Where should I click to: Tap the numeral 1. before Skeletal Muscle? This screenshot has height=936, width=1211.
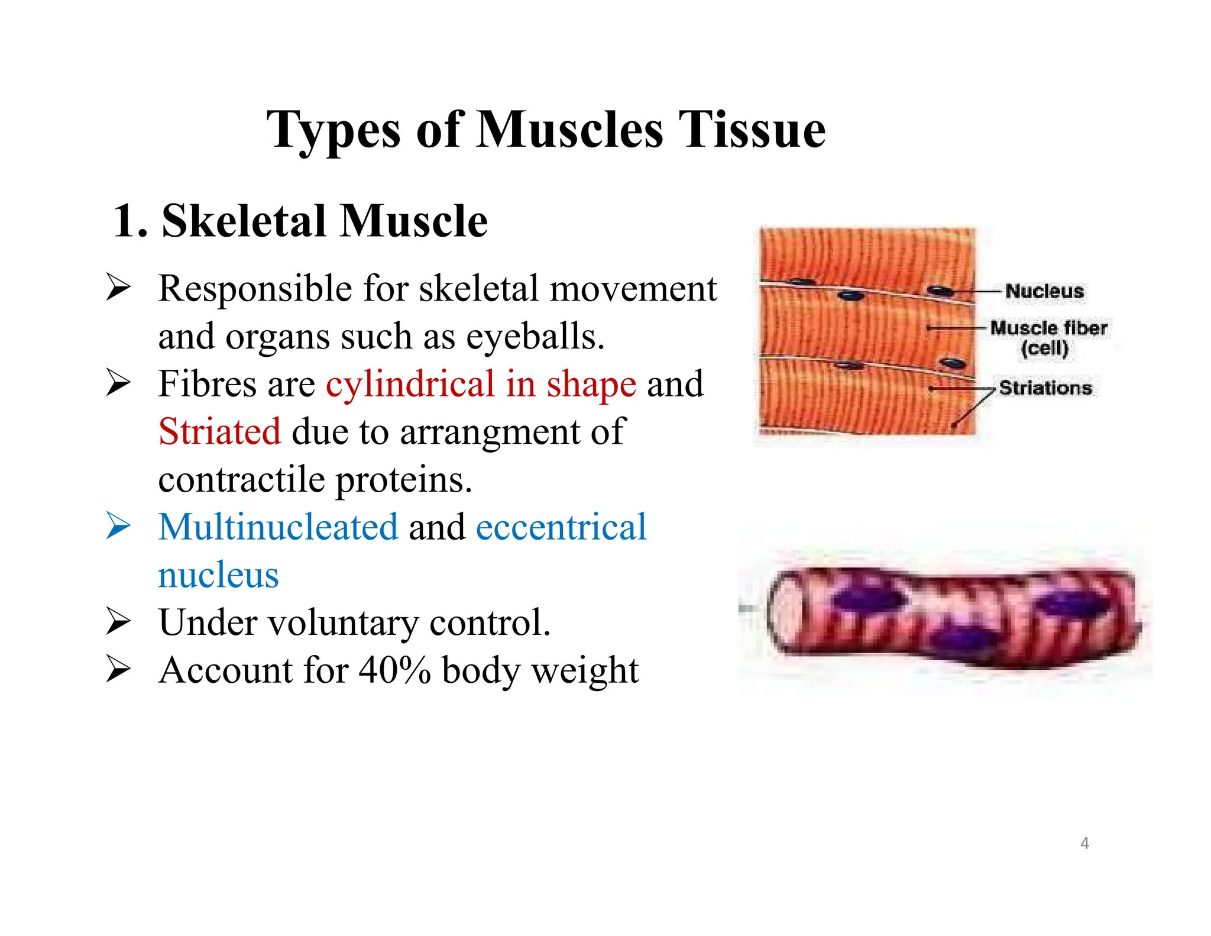pos(129,221)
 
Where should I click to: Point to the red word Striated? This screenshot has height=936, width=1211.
pos(219,431)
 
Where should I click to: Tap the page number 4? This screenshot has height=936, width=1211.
pos(1084,843)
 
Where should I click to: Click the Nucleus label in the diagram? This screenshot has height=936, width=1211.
pos(1044,291)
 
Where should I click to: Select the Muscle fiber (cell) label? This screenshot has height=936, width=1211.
pos(1048,337)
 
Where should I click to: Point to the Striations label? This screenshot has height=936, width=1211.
pos(1045,388)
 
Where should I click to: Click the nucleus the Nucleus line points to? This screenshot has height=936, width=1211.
pos(940,291)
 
